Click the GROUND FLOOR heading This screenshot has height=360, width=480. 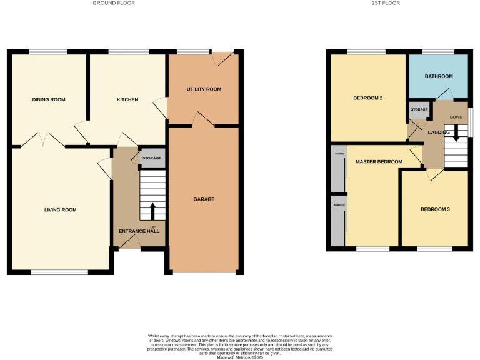pos(113,3)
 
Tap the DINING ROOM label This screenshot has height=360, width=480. pos(49,99)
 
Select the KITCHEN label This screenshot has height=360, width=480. pos(127,99)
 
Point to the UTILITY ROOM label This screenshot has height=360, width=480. pos(204,89)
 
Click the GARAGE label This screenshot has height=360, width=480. pos(204,199)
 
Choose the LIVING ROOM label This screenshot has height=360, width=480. pos(61,210)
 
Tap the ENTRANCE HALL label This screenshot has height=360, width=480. pos(139,231)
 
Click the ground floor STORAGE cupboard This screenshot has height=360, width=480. pos(152,158)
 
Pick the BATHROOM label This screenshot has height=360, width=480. pos(439,76)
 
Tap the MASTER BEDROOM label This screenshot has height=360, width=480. pos(379,162)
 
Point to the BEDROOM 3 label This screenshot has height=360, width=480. pos(435,209)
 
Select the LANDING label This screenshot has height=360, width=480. pos(439,132)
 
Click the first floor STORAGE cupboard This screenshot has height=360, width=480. pos(419,109)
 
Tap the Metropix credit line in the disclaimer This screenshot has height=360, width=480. pos(239,357)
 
